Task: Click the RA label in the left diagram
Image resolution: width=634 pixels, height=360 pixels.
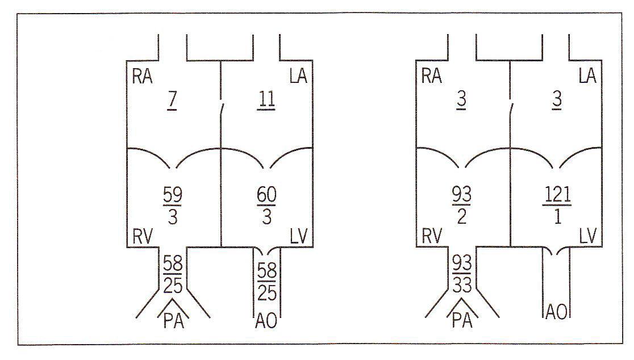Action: tap(143, 76)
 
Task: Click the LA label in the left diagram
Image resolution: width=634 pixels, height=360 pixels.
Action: tap(299, 76)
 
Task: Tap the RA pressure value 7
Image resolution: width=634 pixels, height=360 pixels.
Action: tap(172, 99)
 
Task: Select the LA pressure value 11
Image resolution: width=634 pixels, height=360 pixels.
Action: tap(266, 100)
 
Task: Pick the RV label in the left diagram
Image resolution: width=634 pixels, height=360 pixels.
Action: tap(143, 236)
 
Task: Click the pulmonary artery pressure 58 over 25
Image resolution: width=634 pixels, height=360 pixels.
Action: tap(173, 274)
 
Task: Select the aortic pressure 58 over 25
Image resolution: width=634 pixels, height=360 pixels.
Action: tap(267, 282)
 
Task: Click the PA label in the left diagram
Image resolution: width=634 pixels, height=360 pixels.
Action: tap(173, 321)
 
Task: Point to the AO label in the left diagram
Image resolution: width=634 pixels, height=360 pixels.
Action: tap(266, 321)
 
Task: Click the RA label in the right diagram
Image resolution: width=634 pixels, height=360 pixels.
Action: tap(431, 76)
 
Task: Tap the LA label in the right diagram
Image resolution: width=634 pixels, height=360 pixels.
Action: tap(587, 76)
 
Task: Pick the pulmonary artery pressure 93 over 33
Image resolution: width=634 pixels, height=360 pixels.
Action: tap(462, 274)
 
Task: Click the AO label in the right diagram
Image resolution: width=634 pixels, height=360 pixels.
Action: tap(556, 312)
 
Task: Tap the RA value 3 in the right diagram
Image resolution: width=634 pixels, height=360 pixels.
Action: tap(461, 100)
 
